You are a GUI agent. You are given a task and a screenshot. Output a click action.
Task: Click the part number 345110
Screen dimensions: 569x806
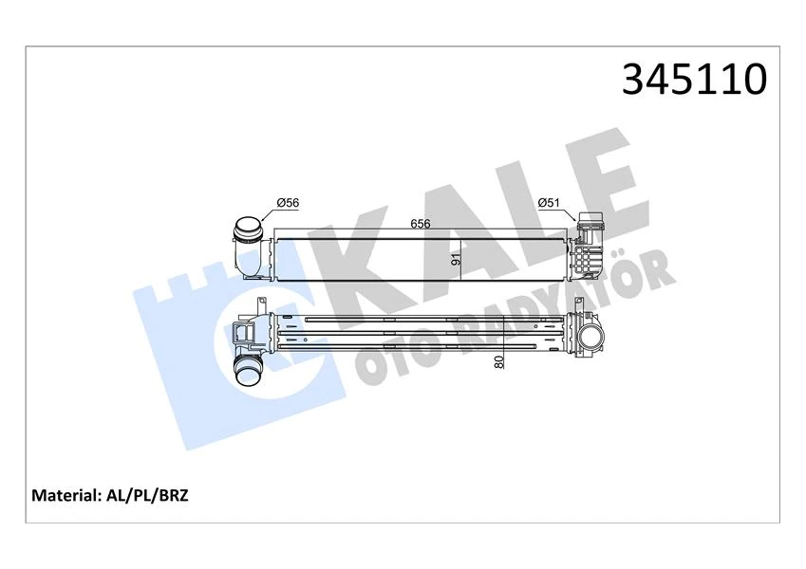pos(693,80)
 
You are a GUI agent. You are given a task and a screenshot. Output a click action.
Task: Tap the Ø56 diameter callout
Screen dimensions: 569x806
pos(288,202)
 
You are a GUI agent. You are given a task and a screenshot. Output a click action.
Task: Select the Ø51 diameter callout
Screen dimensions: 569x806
pos(550,201)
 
